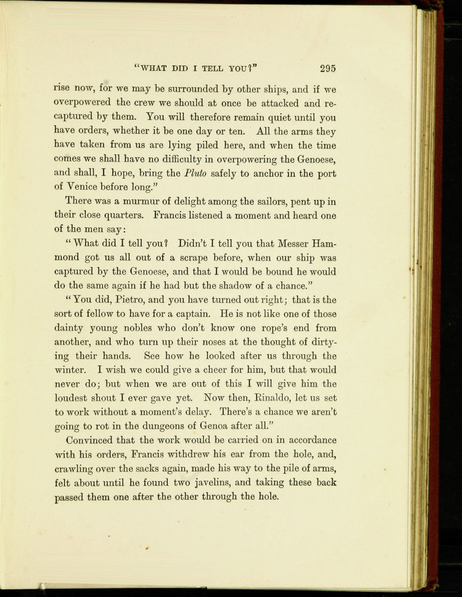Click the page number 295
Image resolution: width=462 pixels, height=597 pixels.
tap(329, 68)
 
